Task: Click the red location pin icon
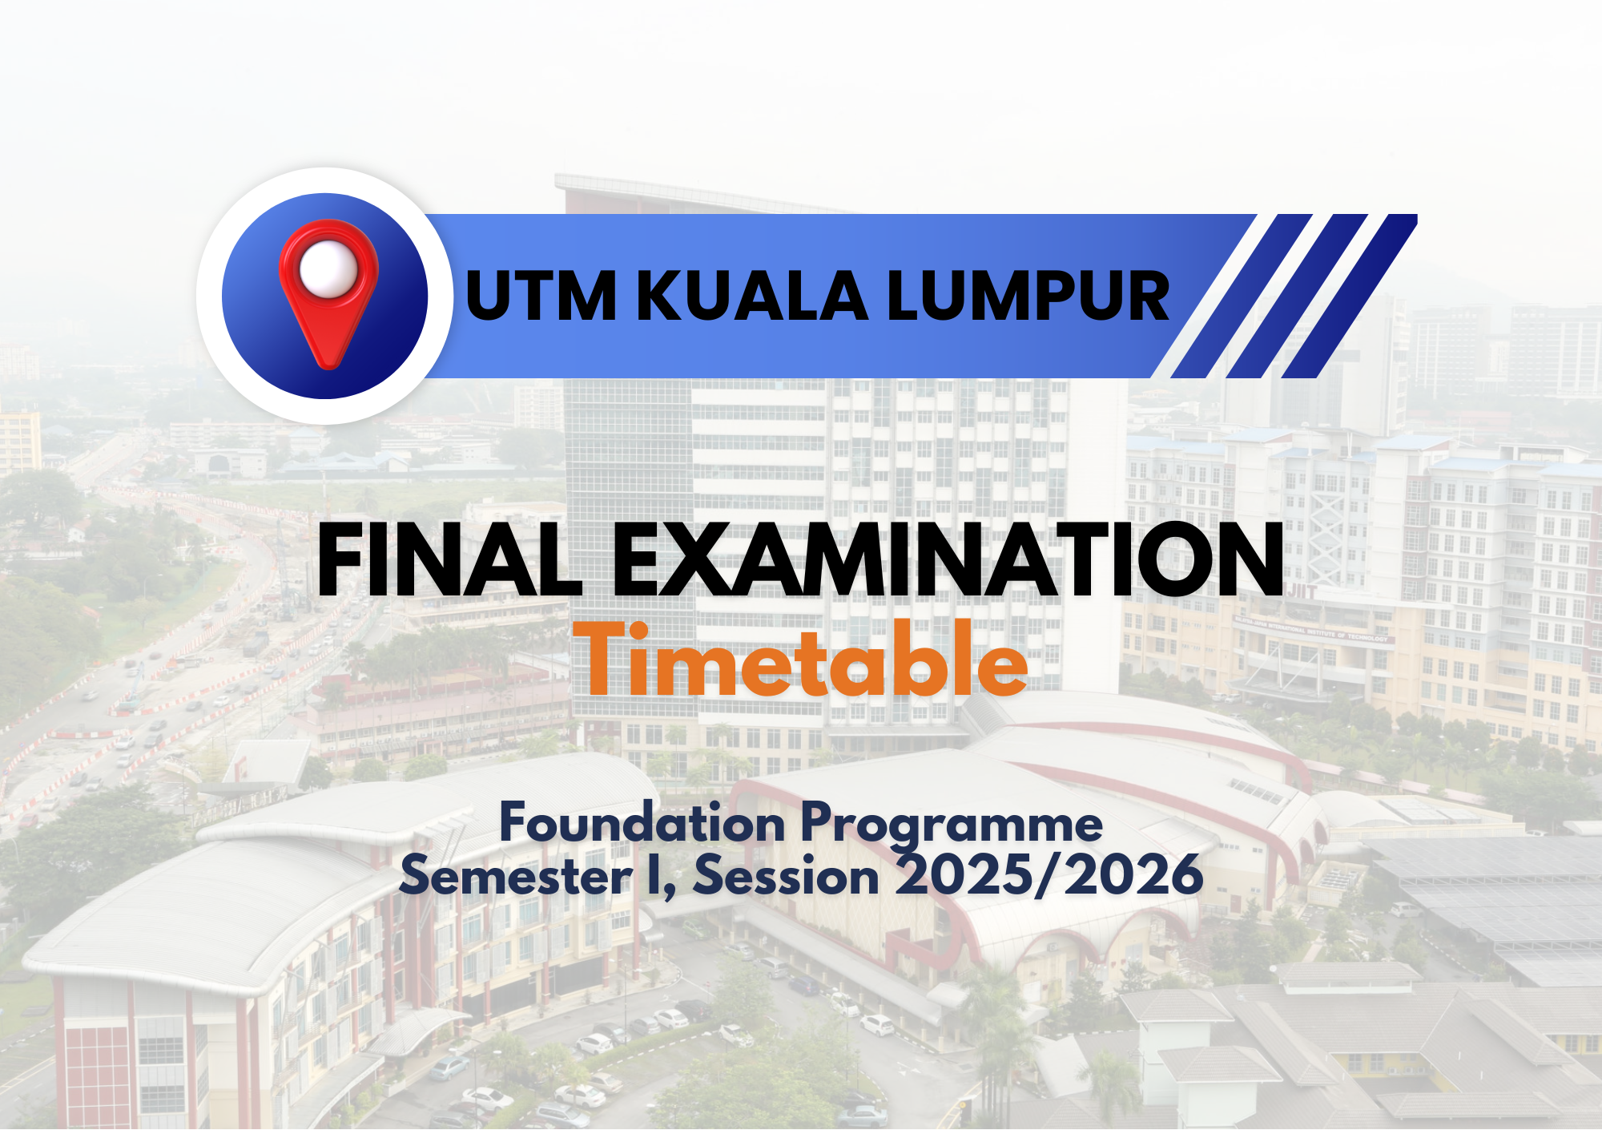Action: coord(328,293)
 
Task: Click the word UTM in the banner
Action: coord(541,296)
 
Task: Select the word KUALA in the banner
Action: coord(752,296)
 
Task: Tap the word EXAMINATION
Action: coord(949,559)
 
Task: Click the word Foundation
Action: coord(642,824)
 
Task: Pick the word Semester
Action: coord(517,875)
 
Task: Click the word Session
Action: coord(787,875)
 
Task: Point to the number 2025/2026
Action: coord(1049,875)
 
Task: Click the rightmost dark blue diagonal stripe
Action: coord(1350,296)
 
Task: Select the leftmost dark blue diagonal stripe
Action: coord(1242,296)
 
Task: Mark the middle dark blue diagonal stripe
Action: coord(1296,296)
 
